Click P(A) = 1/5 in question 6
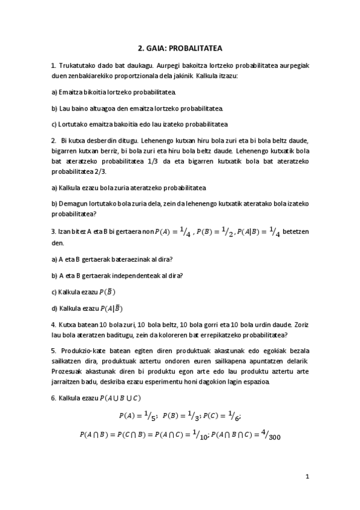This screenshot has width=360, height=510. pyautogui.click(x=137, y=416)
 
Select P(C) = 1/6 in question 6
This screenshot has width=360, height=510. pyautogui.click(x=222, y=416)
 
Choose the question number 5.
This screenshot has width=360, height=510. pyautogui.click(x=53, y=351)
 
